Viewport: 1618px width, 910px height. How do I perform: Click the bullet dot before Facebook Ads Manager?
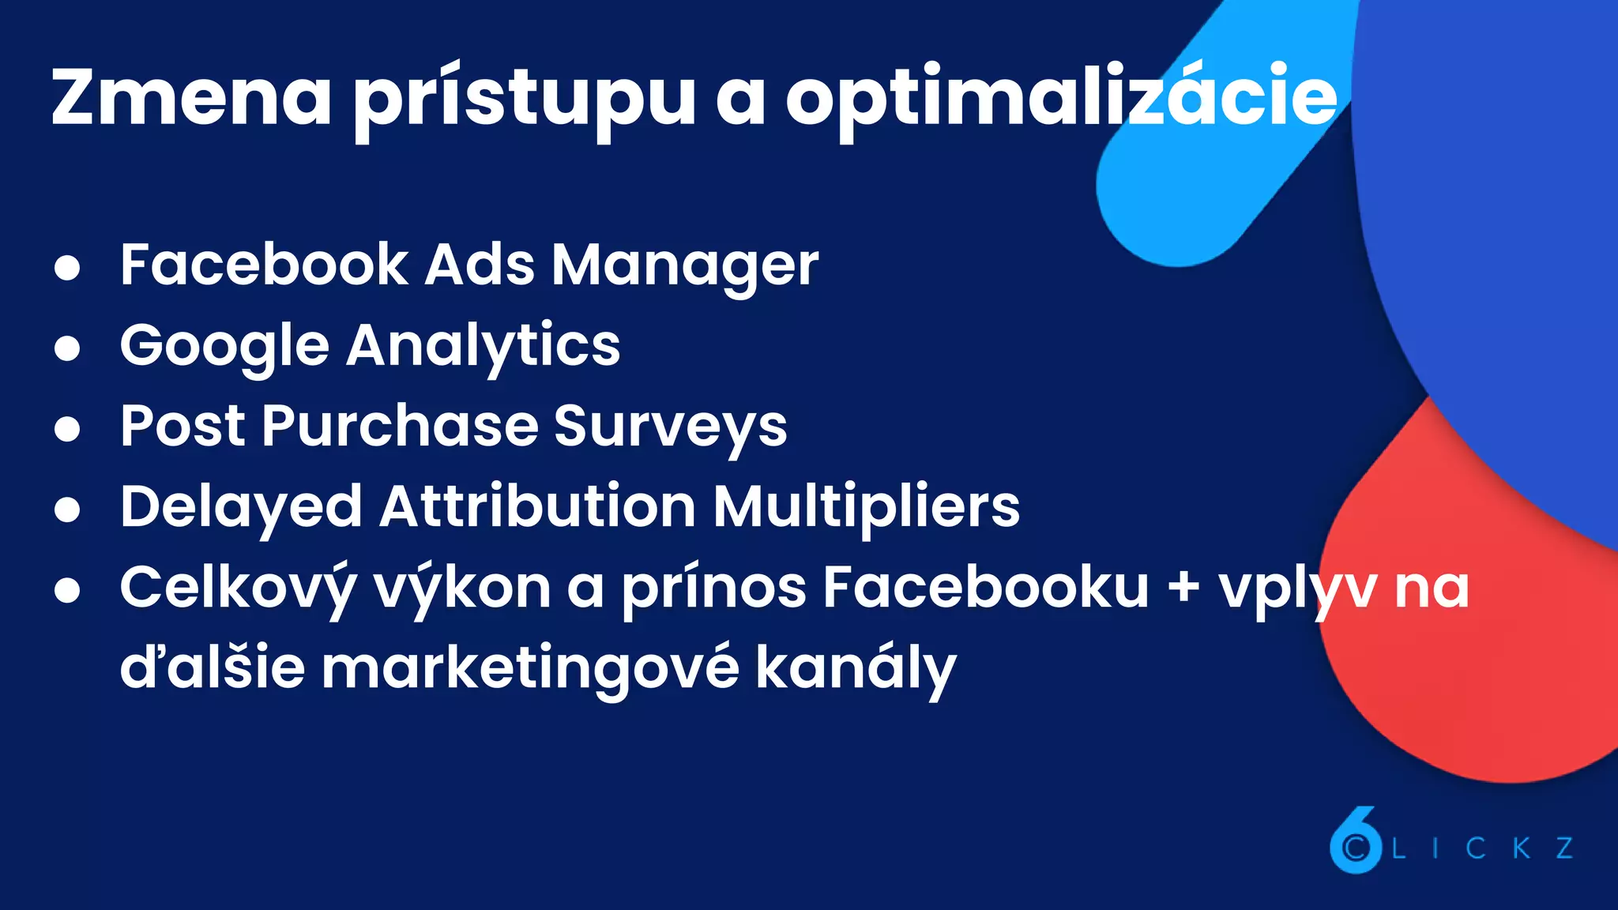(67, 267)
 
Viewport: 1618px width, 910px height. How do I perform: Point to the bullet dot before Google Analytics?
(67, 348)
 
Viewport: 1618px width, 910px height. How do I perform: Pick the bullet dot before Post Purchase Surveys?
(67, 429)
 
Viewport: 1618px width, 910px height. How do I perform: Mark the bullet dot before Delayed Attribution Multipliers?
(67, 510)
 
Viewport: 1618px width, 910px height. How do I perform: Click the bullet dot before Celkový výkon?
(67, 590)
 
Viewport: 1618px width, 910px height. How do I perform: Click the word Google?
(224, 346)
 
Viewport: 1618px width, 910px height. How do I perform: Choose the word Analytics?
(484, 346)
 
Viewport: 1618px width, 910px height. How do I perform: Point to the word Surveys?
(670, 427)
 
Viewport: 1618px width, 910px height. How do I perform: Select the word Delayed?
(241, 507)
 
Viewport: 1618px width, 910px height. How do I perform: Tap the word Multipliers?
(866, 507)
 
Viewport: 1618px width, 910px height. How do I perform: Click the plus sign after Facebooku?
(1183, 589)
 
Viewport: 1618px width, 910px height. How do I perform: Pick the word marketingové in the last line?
(530, 668)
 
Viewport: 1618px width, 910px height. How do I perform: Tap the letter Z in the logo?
(1565, 848)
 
